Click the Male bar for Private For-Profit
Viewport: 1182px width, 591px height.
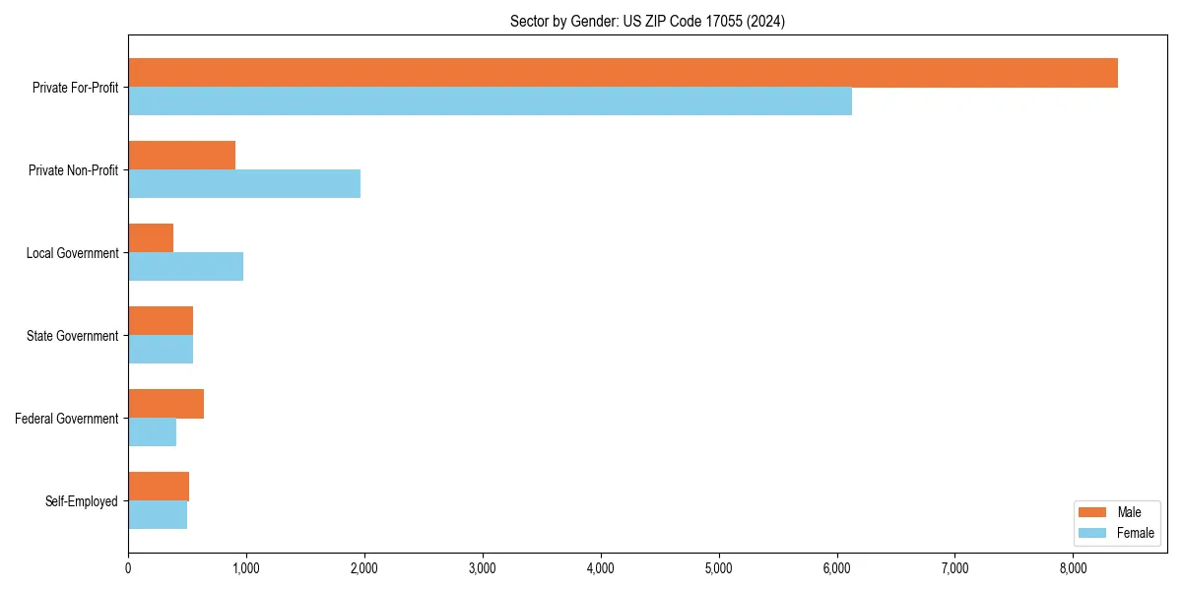click(x=623, y=73)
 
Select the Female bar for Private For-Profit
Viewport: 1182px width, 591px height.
click(x=490, y=101)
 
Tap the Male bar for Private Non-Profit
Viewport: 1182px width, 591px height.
click(x=181, y=156)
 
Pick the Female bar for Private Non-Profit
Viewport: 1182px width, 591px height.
click(x=244, y=184)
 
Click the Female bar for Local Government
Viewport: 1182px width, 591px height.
click(x=185, y=267)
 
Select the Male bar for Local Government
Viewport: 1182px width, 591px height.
click(x=151, y=238)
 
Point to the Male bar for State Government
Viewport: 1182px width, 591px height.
click(x=161, y=321)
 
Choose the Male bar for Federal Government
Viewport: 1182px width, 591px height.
click(x=165, y=404)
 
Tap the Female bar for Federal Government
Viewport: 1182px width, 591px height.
click(x=152, y=432)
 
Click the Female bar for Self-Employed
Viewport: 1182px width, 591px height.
click(x=158, y=515)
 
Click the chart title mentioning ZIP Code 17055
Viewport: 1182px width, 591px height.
click(x=647, y=22)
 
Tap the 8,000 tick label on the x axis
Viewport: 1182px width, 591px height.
click(x=1073, y=568)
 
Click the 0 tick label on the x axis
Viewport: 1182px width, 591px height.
click(x=128, y=568)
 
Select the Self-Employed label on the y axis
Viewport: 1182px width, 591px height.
click(x=82, y=501)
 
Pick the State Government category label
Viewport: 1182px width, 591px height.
click(x=72, y=336)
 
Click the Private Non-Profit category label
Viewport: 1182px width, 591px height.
click(x=73, y=170)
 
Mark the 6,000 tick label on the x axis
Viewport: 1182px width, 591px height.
click(x=836, y=568)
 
